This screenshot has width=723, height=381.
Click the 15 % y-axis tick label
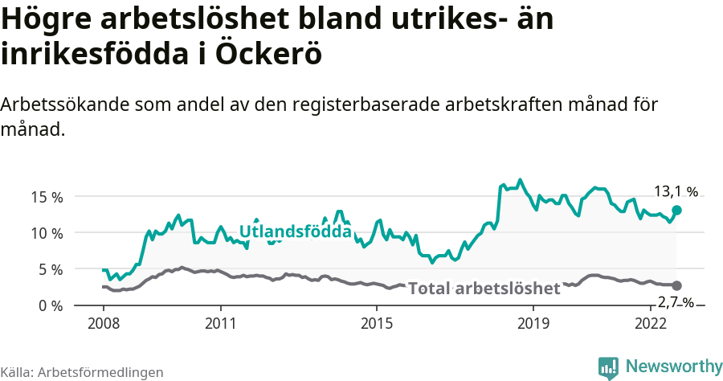coord(47,197)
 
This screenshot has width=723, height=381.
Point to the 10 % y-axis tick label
coord(47,233)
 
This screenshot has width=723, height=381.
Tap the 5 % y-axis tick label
coord(50,269)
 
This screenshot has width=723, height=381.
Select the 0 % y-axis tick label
coord(50,305)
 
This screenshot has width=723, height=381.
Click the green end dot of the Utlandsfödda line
coord(676,210)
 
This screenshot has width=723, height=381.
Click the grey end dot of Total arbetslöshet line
coord(676,285)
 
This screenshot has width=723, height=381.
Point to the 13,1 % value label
coord(676,191)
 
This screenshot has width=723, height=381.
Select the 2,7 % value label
coord(676,302)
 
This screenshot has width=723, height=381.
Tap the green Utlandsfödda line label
coord(295,232)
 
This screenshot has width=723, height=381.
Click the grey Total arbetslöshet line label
coord(484,289)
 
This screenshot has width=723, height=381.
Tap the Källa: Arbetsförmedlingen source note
coord(82,372)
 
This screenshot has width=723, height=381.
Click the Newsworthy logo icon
coord(608,367)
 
